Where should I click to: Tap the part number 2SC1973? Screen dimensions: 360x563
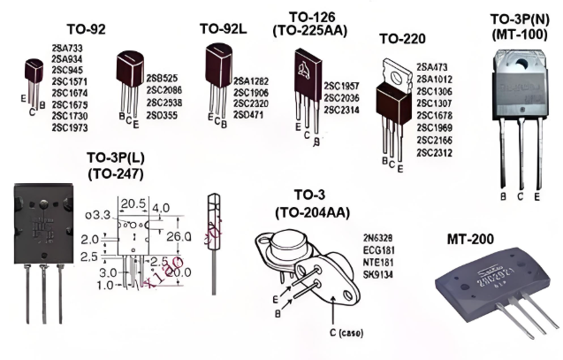(70, 128)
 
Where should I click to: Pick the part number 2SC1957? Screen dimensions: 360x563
(342, 85)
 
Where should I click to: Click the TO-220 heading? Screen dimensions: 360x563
(403, 39)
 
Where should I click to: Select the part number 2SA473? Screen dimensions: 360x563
(432, 66)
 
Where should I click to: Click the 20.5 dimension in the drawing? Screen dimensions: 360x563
(133, 203)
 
